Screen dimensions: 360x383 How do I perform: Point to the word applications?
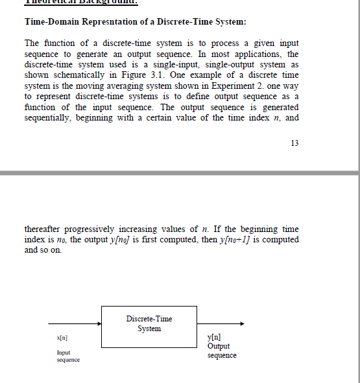pos(243,54)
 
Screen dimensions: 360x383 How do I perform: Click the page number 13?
pos(294,143)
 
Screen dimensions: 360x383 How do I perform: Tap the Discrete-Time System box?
pos(149,324)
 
